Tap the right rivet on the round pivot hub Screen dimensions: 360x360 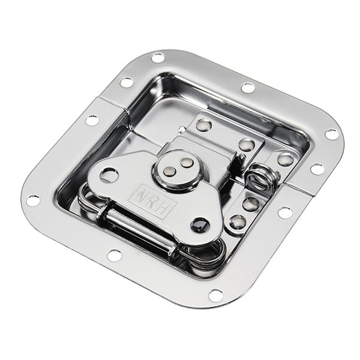tap(187, 163)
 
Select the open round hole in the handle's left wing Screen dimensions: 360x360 tap(109, 176)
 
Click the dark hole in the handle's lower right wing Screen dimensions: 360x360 tap(200, 225)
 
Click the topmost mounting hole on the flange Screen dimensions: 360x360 tap(158, 58)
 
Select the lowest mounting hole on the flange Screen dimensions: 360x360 tap(215, 295)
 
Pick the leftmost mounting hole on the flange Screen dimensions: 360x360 tap(33, 200)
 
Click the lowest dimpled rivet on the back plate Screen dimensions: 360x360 tap(237, 222)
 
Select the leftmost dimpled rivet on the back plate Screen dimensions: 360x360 tap(204, 125)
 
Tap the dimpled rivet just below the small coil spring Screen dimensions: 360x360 tap(251, 203)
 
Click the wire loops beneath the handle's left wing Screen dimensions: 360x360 tap(90, 201)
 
